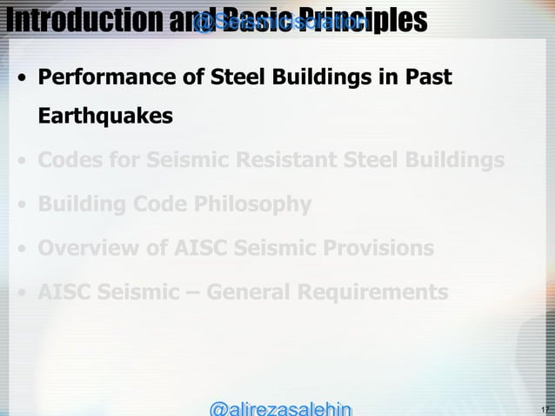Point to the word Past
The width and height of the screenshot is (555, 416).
click(429, 78)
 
